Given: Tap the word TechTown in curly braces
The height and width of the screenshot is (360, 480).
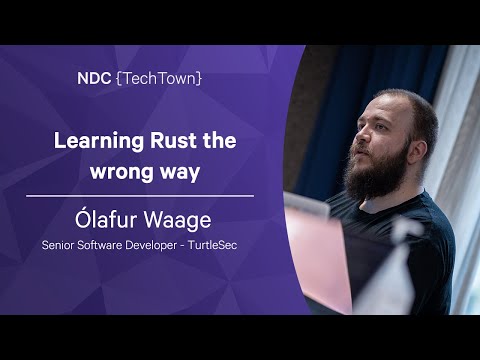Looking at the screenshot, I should point(160,77).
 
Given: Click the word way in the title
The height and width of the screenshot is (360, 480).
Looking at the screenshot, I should point(178,171).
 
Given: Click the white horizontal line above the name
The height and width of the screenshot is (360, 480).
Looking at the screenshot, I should point(140,196).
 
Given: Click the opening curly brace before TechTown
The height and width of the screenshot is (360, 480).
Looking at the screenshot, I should point(122,77).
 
